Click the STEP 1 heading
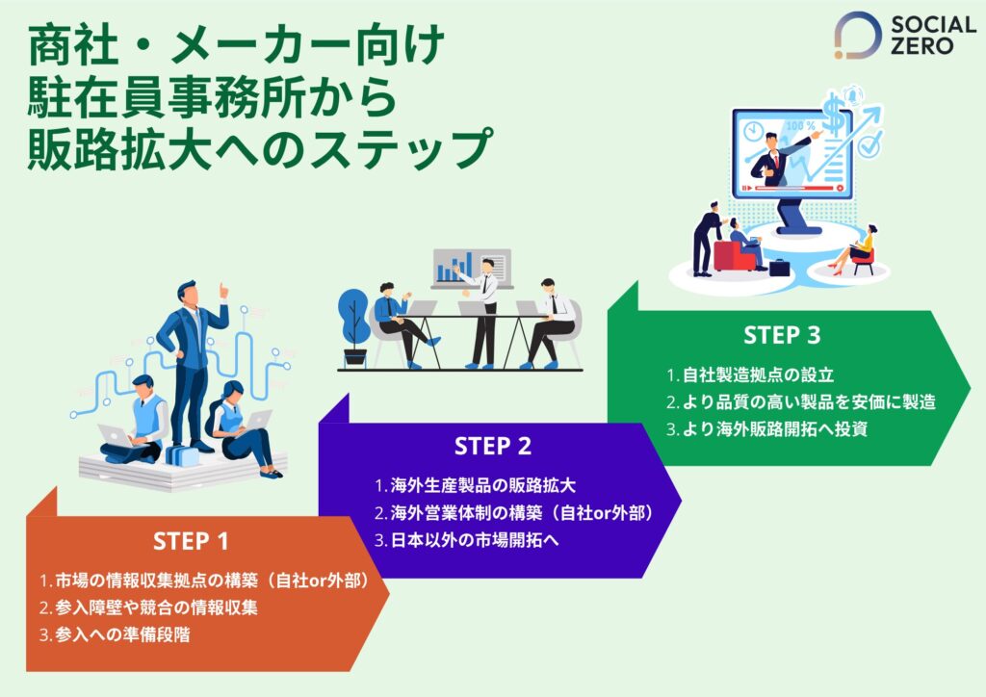[x=191, y=541]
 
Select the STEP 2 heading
[x=493, y=447]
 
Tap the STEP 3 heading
[x=782, y=335]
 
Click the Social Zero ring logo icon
[x=857, y=36]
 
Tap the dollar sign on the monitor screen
[x=834, y=123]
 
